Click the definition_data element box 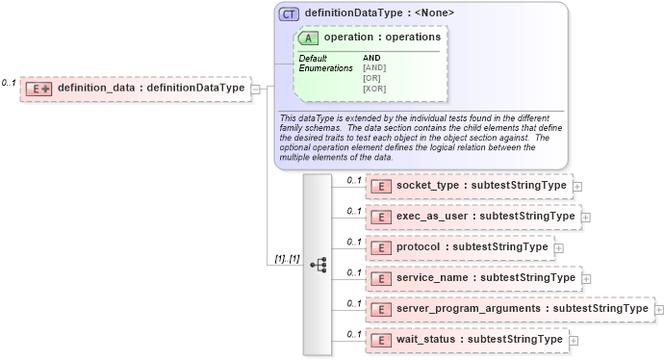tap(135, 89)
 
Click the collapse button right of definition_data tap(256, 89)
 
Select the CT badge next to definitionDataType tap(289, 13)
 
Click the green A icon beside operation tap(309, 38)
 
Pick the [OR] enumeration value tap(372, 78)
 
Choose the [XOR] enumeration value tap(375, 89)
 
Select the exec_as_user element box tap(472, 217)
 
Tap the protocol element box tap(458, 247)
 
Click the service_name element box tap(472, 278)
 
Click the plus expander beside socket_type tap(577, 186)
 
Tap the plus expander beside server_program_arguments tap(659, 309)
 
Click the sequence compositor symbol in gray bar tap(318, 263)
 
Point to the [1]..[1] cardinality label tap(287, 260)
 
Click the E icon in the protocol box tap(381, 247)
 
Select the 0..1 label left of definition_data tap(9, 83)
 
